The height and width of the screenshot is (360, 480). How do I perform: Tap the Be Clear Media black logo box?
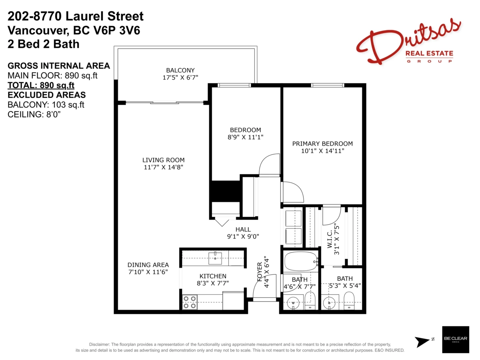pyautogui.click(x=455, y=339)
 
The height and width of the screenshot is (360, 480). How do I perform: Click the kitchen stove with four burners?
pyautogui.click(x=190, y=302)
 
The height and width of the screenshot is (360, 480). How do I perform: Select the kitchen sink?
pyautogui.click(x=215, y=256)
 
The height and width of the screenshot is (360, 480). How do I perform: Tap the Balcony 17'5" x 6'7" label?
pyautogui.click(x=180, y=74)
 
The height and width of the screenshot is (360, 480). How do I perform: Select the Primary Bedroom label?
pyautogui.click(x=322, y=147)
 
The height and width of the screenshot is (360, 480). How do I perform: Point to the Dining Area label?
pyautogui.click(x=148, y=268)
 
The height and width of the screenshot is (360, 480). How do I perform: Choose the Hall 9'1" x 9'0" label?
pyautogui.click(x=243, y=233)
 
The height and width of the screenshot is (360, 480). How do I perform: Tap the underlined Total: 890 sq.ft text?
pyautogui.click(x=41, y=85)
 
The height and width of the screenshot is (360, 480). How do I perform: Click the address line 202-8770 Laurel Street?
pyautogui.click(x=76, y=17)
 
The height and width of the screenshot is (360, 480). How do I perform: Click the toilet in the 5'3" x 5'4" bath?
pyautogui.click(x=349, y=301)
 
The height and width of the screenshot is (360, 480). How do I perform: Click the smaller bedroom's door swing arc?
pyautogui.click(x=269, y=164)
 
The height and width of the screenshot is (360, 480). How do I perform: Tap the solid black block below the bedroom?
pyautogui.click(x=225, y=191)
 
